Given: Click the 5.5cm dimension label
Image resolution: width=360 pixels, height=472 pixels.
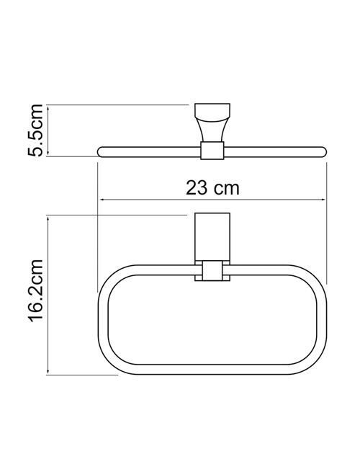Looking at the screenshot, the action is pos(35,130).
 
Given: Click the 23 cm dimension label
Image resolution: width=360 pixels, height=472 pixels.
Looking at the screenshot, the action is pos(212,188).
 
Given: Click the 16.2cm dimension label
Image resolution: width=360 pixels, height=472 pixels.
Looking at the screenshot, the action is pos(36,295).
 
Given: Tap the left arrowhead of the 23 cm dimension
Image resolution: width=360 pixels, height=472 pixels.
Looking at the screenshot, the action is pos(102,200).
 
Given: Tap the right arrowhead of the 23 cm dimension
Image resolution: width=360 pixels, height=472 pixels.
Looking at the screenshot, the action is pos(323,200).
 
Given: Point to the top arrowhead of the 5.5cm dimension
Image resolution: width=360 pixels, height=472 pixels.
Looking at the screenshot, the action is pos(48,108).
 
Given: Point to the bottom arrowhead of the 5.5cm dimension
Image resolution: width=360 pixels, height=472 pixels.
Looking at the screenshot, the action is pos(48,153).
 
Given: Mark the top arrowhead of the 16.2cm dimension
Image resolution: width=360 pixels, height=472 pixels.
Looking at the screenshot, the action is pos(48,218).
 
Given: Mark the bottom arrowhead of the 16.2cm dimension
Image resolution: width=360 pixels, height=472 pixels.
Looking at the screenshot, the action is pos(48,372).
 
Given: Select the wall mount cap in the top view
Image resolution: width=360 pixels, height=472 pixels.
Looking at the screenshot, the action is pos(212,110).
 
